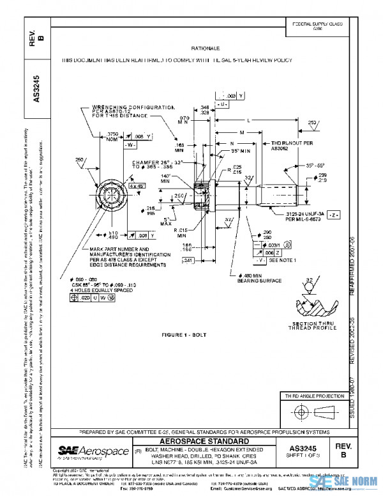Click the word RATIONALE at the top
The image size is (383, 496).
205,49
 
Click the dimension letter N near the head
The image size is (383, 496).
232,143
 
